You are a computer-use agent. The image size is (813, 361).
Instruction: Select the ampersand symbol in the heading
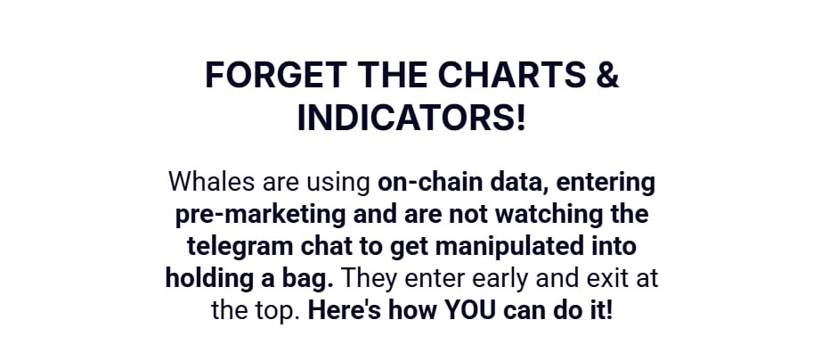(606, 76)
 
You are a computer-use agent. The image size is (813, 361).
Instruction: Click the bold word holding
(208, 279)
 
